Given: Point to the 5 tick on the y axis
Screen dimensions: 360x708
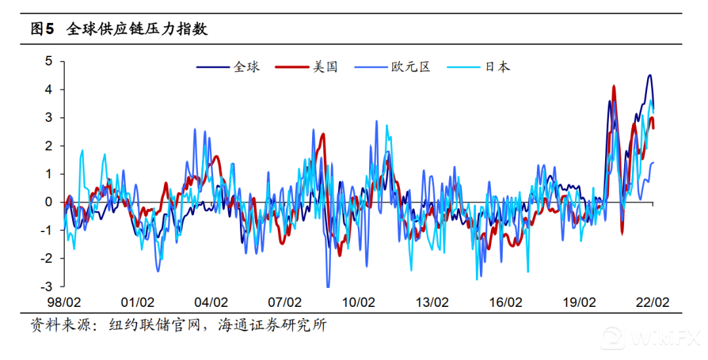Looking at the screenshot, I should coord(48,61).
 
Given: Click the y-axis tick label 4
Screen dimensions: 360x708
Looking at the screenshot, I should coord(48,89).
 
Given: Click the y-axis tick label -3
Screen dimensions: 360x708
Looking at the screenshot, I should coord(46,287).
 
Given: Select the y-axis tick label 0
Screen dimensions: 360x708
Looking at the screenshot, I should coord(48,202).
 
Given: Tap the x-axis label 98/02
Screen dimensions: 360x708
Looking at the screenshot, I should coord(64,302).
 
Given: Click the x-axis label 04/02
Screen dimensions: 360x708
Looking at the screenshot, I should coord(210,302).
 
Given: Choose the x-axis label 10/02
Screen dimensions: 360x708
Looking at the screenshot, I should coord(358,302).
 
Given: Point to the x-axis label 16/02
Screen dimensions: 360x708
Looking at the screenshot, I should coord(505,302).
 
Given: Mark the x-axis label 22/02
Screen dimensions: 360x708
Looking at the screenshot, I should coord(652,302).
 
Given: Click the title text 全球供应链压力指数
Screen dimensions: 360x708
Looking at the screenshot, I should coord(137,29).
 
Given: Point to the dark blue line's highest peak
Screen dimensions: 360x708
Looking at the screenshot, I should coord(649,75).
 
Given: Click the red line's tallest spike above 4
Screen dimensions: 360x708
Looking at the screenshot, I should coord(614,86).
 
